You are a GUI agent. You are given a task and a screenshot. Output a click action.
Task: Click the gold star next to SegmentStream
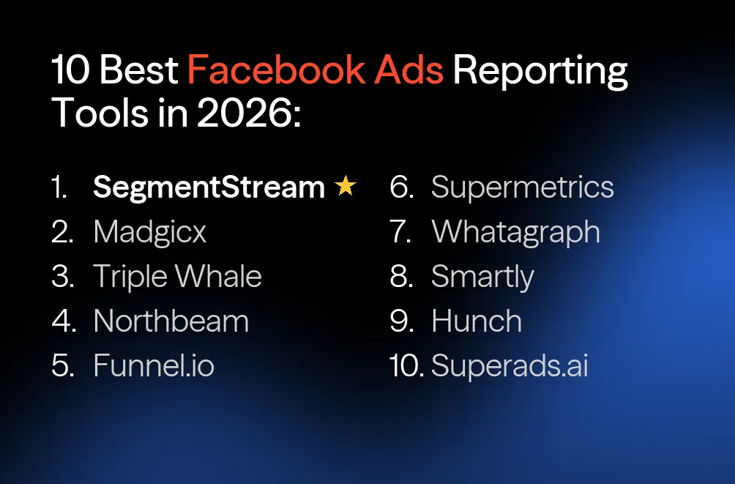(x=345, y=187)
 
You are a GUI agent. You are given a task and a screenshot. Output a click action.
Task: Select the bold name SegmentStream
(x=209, y=188)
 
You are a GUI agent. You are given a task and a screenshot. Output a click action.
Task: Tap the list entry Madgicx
(x=150, y=232)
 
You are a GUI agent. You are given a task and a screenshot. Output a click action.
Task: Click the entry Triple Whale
(x=177, y=277)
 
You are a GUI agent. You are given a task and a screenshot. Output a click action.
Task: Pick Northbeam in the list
(x=171, y=321)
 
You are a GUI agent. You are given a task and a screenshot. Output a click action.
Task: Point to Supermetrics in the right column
(x=522, y=188)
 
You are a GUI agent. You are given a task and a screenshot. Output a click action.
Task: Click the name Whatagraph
(x=515, y=232)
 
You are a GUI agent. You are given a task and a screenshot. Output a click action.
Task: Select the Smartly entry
(x=482, y=278)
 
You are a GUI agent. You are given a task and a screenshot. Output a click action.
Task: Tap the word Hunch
(x=477, y=321)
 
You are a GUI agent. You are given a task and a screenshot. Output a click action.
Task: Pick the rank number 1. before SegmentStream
(x=59, y=188)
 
